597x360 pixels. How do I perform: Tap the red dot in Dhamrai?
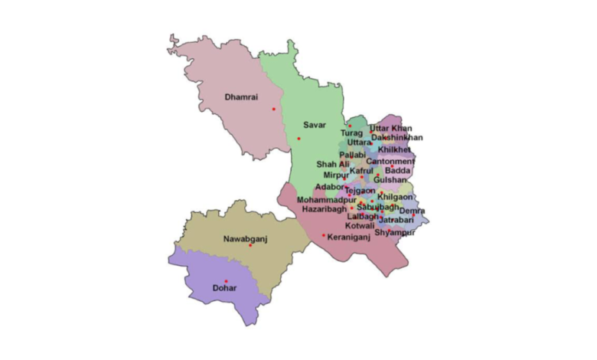click(x=273, y=109)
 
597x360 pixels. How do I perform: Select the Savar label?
click(x=314, y=124)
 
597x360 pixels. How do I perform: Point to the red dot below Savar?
click(x=299, y=139)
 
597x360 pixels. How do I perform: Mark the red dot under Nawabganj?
click(x=250, y=246)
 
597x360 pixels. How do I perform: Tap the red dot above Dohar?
click(x=226, y=281)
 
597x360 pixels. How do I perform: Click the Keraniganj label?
click(x=349, y=237)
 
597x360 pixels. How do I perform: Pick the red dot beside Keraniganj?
click(x=324, y=236)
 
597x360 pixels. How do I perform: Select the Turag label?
click(x=352, y=133)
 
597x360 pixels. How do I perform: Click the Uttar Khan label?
click(x=390, y=128)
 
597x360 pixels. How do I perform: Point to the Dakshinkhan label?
click(x=396, y=138)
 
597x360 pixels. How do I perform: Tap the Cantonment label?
click(x=390, y=162)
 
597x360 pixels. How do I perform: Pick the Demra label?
click(x=412, y=211)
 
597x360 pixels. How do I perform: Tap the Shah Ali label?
click(x=334, y=164)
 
